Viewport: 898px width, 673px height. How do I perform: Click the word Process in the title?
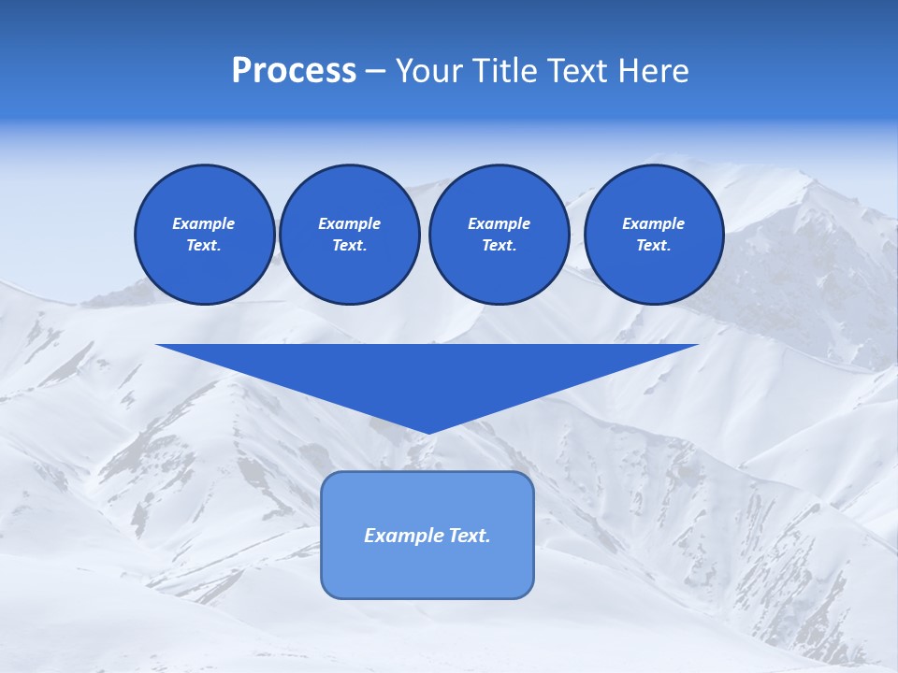coord(294,71)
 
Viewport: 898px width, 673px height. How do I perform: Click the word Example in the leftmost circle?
coord(204,223)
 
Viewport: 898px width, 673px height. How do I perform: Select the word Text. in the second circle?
coord(349,245)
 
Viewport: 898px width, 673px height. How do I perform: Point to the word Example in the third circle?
coord(499,223)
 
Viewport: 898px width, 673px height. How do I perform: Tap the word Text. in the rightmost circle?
coord(653,245)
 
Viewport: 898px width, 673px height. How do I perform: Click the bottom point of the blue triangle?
coord(427,432)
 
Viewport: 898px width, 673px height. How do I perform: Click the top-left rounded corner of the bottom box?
coord(328,478)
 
